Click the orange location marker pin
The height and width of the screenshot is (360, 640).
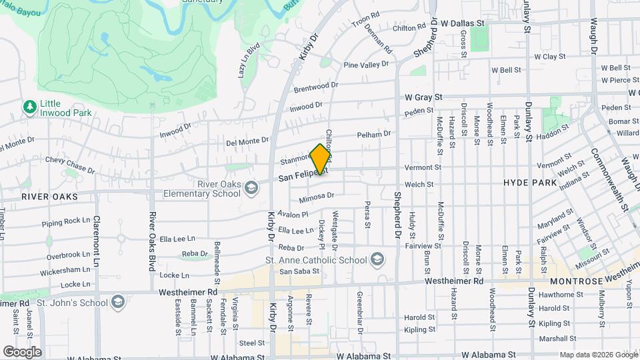pyautogui.click(x=321, y=159)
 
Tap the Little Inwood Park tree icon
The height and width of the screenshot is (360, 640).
pyautogui.click(x=29, y=107)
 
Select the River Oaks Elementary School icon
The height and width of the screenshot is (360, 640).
pyautogui.click(x=251, y=187)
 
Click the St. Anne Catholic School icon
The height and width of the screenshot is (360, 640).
pyautogui.click(x=377, y=260)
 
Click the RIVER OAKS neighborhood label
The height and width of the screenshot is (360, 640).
pyautogui.click(x=49, y=197)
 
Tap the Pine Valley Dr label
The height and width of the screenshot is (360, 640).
pyautogui.click(x=365, y=65)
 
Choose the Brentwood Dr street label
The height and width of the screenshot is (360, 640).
pyautogui.click(x=317, y=87)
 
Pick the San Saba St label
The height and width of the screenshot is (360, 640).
pyautogui.click(x=295, y=272)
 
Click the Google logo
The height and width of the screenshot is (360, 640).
pyautogui.click(x=22, y=352)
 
